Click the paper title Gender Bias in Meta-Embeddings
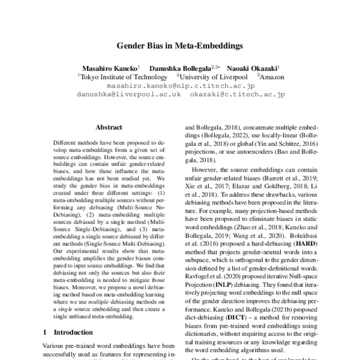[x=179, y=45]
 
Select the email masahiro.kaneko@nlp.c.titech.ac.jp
[x=180, y=86]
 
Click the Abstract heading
[x=109, y=127]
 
